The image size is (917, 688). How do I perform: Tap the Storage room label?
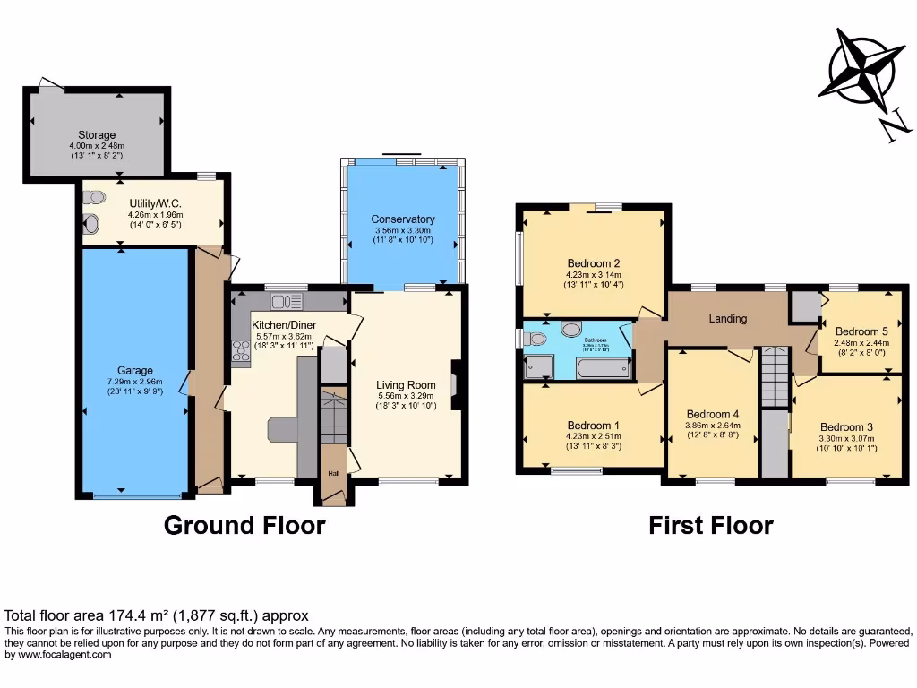coord(97,135)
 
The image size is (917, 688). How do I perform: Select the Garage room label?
coord(135,370)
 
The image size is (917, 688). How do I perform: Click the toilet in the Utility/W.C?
coord(90,225)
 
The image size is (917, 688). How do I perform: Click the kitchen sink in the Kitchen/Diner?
coord(287,302)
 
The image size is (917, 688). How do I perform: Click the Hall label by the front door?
coord(332,474)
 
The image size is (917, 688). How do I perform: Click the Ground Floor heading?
coord(244,525)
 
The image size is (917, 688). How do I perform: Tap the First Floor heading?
coord(711,525)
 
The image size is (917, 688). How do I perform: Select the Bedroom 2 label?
coord(593,263)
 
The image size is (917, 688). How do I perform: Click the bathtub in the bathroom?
coord(604,366)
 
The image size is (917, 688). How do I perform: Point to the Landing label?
coord(728,318)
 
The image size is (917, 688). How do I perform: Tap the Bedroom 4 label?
coord(711,414)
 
